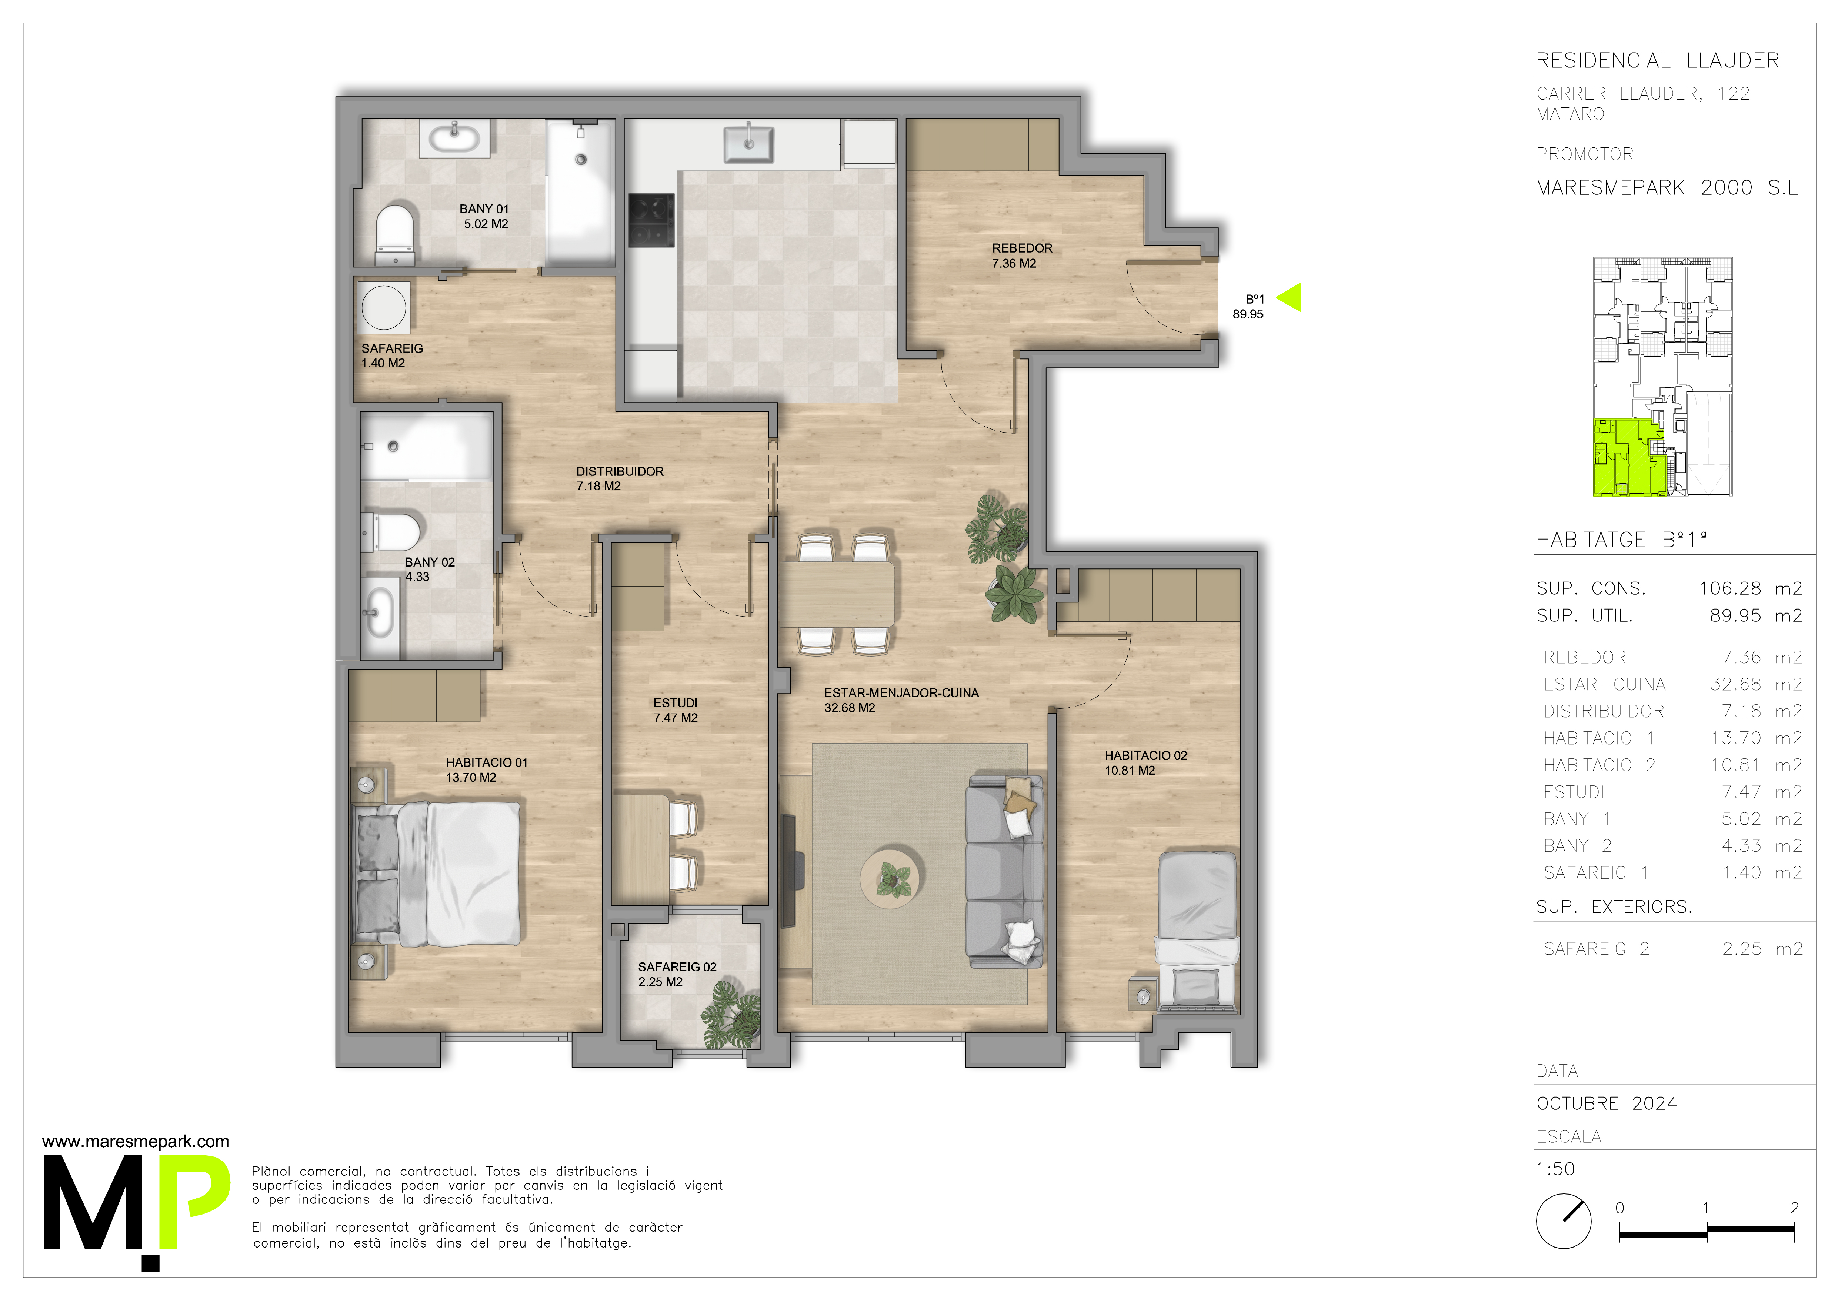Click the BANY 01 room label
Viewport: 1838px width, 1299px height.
484,216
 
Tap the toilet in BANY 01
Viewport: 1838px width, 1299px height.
396,234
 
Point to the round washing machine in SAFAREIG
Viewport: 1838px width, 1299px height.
383,307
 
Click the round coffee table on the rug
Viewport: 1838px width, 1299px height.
893,878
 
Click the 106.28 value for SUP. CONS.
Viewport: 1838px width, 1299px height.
1730,588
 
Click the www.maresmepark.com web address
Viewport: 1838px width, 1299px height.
135,1142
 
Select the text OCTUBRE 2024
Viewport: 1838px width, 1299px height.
1607,1104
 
